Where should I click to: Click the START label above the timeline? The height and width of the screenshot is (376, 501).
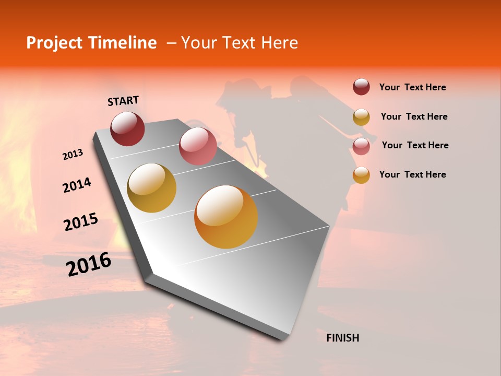tap(123, 101)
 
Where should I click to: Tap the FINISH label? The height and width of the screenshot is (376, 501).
tap(343, 338)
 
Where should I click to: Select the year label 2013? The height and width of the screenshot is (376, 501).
tap(73, 155)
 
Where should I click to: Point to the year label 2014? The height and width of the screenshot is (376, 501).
tap(77, 185)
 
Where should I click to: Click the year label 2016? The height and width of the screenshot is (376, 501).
tap(89, 264)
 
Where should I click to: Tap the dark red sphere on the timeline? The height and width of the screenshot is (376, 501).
tap(127, 128)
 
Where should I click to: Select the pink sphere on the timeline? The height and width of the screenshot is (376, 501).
tap(198, 146)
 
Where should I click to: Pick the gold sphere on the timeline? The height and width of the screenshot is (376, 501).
tap(152, 188)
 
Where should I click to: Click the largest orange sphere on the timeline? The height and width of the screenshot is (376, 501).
tap(226, 217)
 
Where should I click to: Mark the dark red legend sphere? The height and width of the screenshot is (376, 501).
tap(361, 87)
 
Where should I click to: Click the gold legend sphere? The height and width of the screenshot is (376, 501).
tap(361, 116)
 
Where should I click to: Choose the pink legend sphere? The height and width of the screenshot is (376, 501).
tap(361, 146)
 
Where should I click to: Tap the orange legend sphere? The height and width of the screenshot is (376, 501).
tap(361, 175)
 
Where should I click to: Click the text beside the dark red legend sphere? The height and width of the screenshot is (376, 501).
tap(412, 87)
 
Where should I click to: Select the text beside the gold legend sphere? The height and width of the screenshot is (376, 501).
tap(414, 116)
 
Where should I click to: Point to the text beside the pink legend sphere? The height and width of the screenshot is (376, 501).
tap(415, 145)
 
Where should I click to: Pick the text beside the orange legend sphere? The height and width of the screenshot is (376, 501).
tap(412, 174)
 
